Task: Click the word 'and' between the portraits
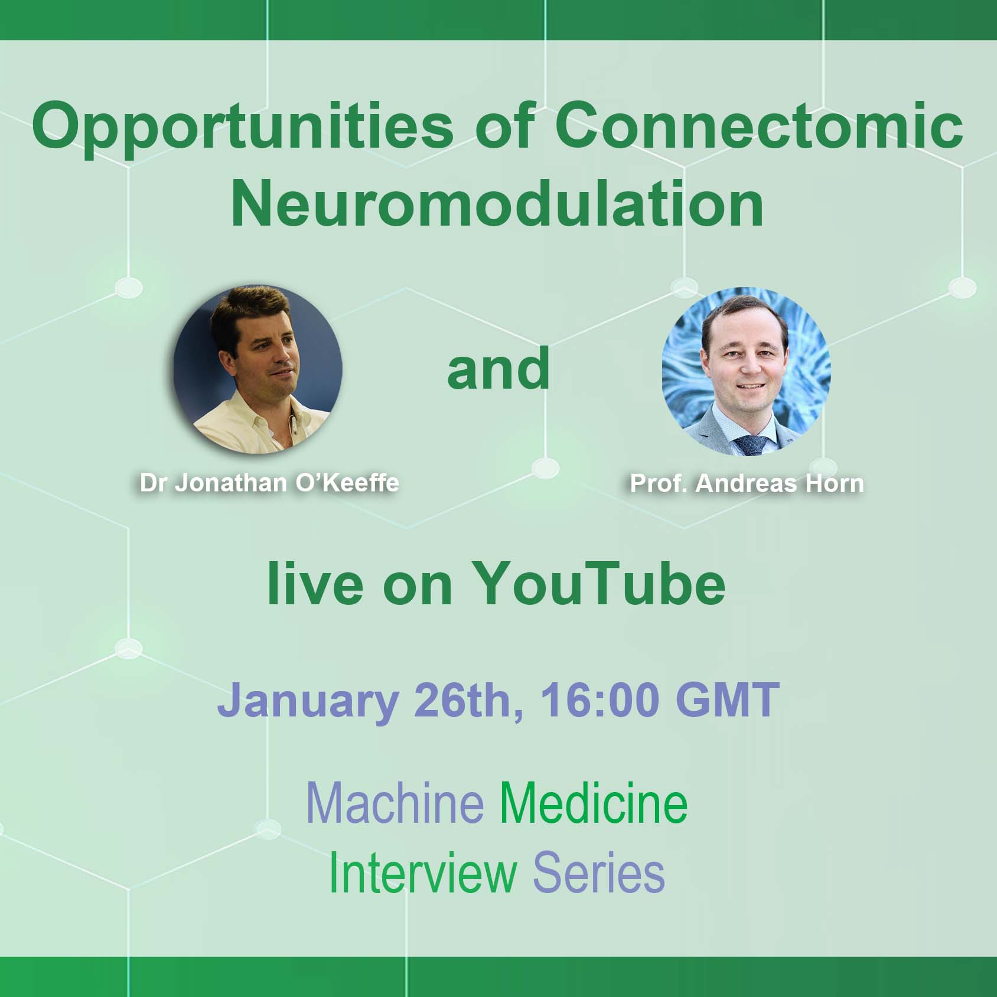pos(498,369)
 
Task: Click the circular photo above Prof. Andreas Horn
pos(746,372)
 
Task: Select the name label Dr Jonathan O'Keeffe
pos(269,483)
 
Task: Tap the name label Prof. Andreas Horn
pos(747,484)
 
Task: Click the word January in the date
pos(308,700)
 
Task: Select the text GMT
pos(727,699)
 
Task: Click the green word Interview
pos(422,873)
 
